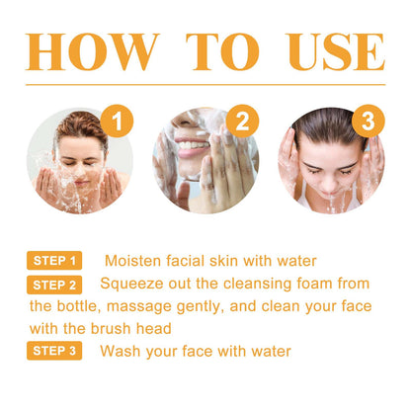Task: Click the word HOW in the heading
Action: coord(93,51)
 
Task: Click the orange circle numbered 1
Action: coord(119,123)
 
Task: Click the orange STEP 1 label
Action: coord(54,261)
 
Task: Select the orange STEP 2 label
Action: coord(54,285)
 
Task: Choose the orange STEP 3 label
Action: coord(54,351)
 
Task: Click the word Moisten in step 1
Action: coord(133,261)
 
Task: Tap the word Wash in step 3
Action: coord(123,351)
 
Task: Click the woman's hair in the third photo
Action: coord(326,128)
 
